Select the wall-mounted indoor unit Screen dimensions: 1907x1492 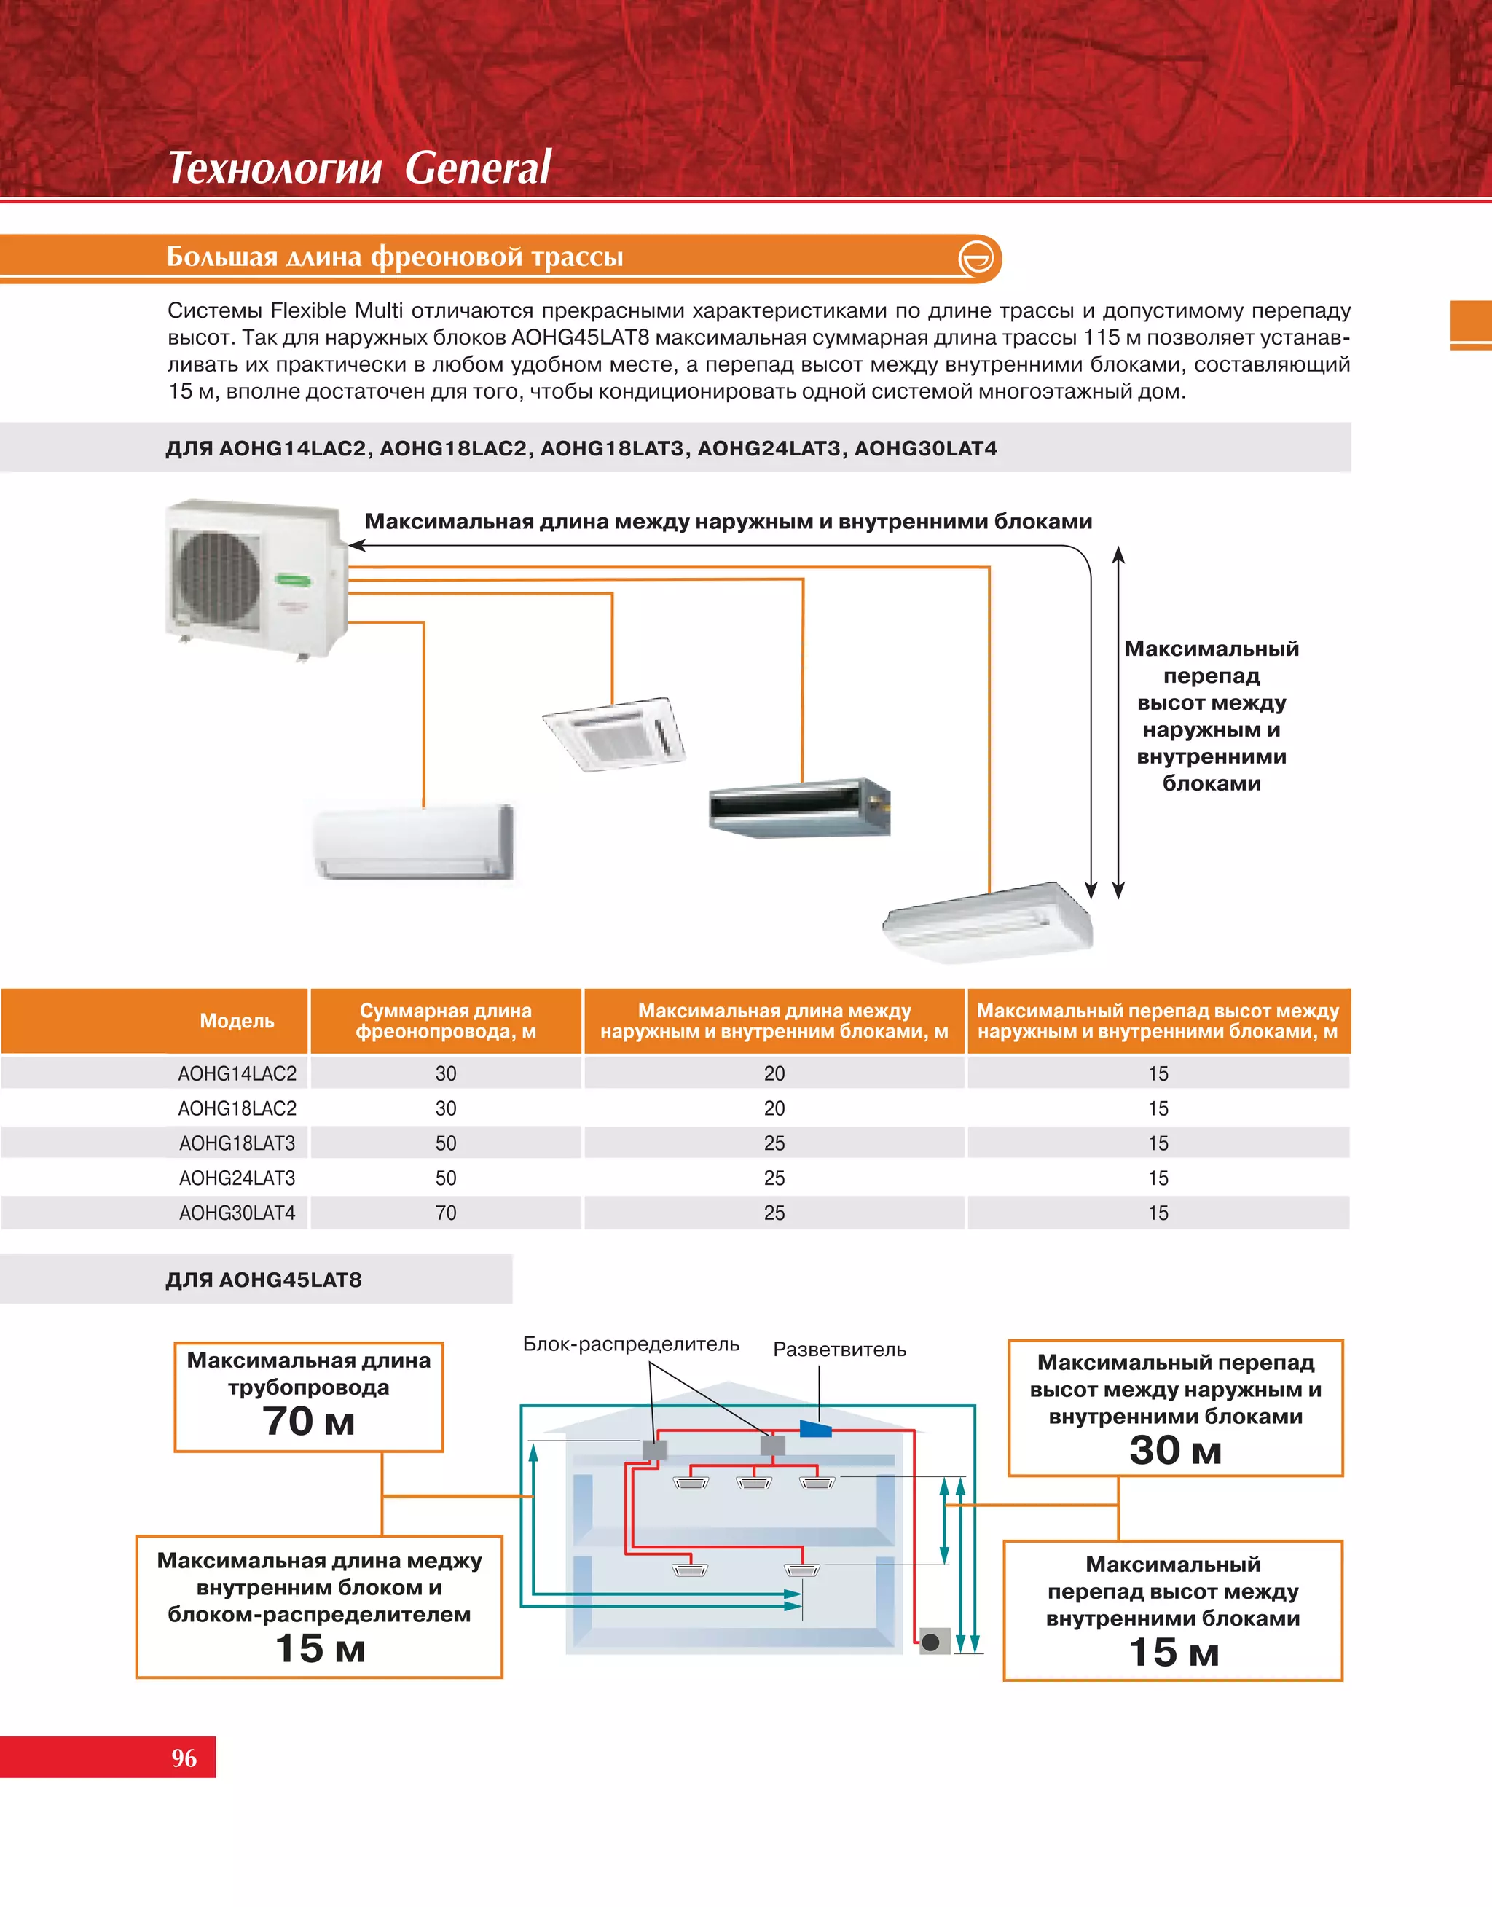[413, 841]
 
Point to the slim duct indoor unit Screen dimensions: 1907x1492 [798, 805]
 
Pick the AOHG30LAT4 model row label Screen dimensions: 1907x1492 [237, 1213]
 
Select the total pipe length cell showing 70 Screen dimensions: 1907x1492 [446, 1213]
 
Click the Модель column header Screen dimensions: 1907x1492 [237, 1020]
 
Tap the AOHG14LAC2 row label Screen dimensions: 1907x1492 [237, 1073]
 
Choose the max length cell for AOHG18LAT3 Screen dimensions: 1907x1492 [774, 1143]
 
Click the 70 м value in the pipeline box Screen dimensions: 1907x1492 [308, 1421]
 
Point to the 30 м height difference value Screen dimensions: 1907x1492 [1175, 1450]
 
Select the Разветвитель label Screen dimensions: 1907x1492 [839, 1350]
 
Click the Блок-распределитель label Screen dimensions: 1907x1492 [631, 1344]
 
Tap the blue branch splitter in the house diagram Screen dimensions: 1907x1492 [815, 1429]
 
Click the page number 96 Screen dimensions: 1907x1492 [184, 1758]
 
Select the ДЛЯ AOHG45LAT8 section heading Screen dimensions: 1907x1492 [264, 1280]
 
